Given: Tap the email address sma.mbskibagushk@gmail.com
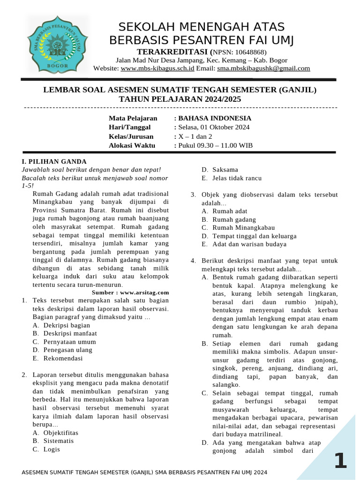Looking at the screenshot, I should pyautogui.click(x=263, y=68).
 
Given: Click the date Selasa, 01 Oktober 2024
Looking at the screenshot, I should pyautogui.click(x=213, y=127).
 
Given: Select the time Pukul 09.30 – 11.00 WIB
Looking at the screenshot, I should pyautogui.click(x=215, y=145).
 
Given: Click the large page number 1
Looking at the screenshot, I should pyautogui.click(x=340, y=461).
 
